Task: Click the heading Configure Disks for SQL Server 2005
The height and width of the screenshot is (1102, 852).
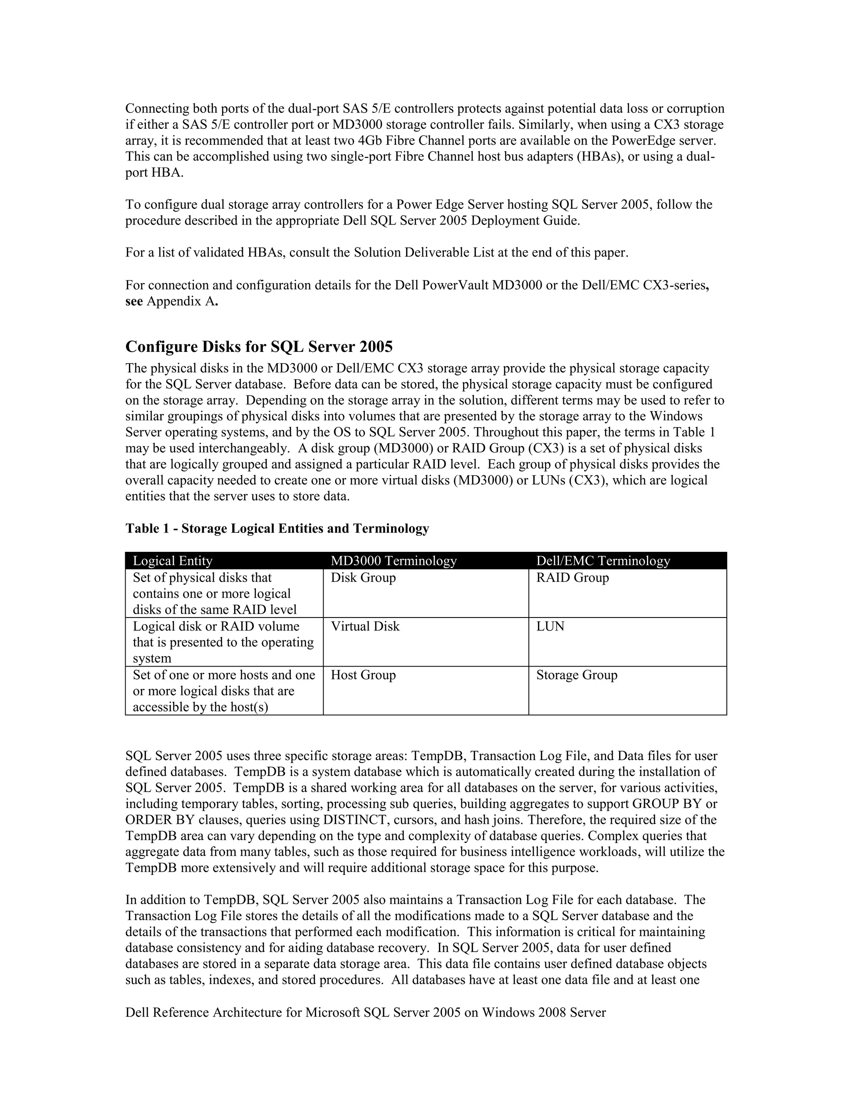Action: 259,347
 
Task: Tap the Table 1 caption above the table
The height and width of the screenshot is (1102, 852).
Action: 277,528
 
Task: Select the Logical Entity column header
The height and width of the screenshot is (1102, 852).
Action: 173,561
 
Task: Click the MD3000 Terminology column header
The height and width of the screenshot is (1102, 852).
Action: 394,561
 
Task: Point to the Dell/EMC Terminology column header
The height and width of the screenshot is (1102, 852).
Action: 603,561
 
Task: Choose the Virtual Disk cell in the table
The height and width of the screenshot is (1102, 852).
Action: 365,626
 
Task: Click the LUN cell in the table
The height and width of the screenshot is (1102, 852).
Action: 550,626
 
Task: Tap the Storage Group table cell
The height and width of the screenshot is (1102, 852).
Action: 577,675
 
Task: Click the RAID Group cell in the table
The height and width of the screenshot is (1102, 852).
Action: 572,577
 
